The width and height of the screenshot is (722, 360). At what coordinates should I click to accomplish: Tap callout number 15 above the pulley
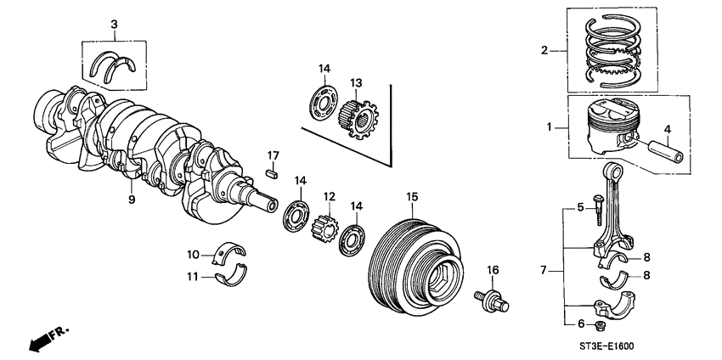point(411,197)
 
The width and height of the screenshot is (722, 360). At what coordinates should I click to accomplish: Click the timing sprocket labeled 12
point(328,228)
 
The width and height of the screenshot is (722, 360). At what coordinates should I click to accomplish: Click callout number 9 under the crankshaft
point(132,200)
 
